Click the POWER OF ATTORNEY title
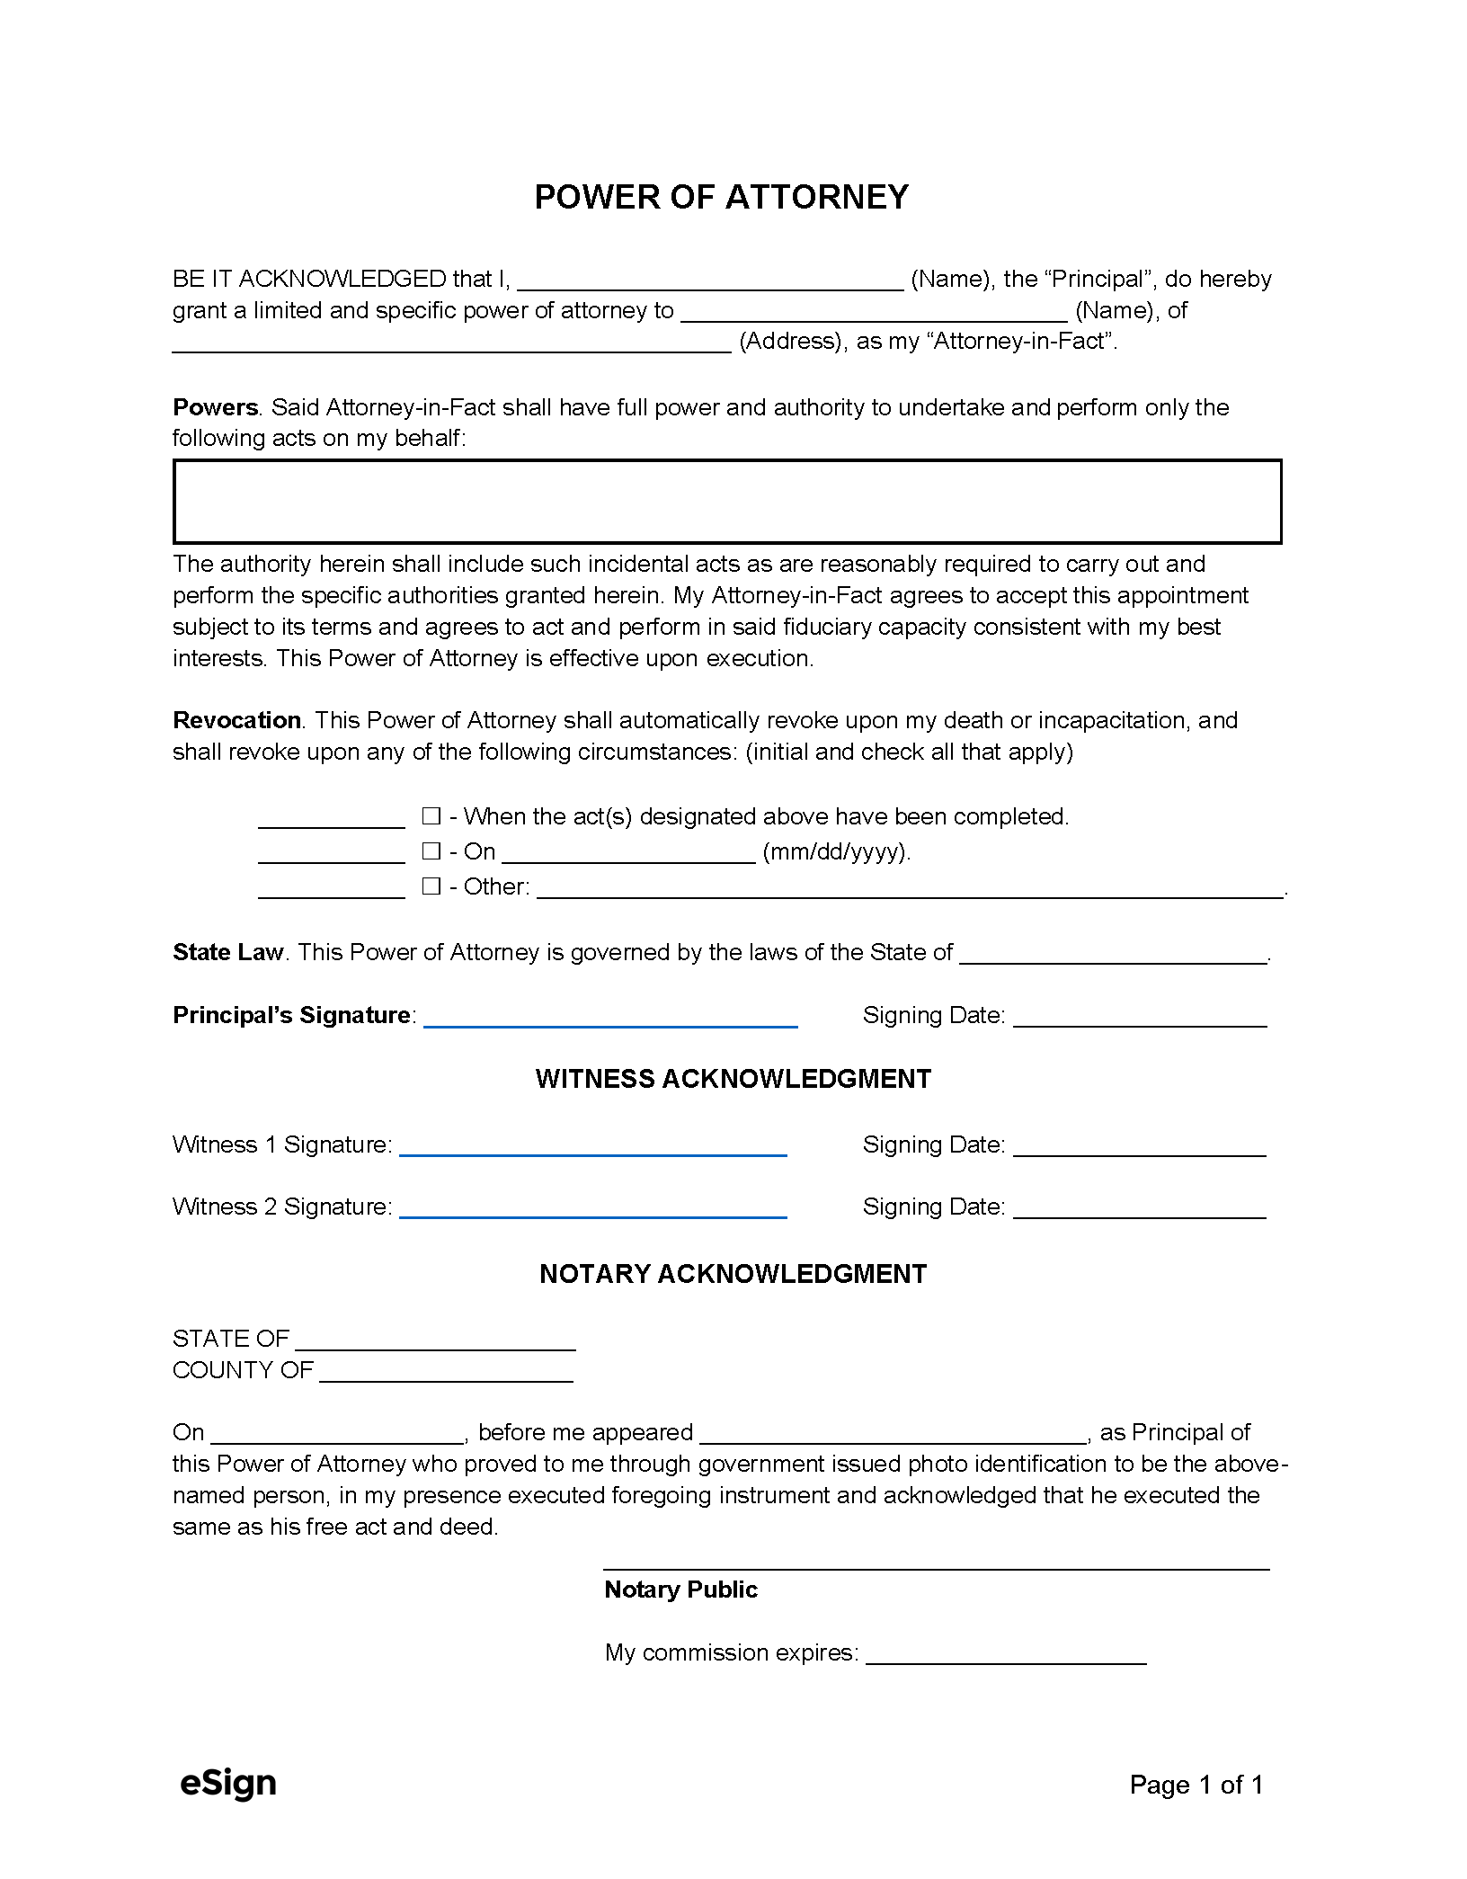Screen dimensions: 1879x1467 point(722,197)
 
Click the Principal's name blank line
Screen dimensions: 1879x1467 point(710,282)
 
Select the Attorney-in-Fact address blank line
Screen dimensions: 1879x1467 point(451,344)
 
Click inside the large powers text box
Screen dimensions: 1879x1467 point(726,502)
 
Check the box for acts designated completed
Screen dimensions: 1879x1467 point(431,816)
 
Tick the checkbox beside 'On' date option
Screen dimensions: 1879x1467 point(431,850)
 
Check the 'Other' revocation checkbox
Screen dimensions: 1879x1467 point(431,886)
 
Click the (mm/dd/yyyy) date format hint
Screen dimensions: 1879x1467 point(836,851)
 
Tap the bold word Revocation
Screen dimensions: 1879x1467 point(236,720)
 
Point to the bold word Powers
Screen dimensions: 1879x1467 point(215,407)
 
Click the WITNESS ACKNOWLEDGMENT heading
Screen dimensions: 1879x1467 point(733,1079)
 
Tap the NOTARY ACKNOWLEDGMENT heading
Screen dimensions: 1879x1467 point(733,1274)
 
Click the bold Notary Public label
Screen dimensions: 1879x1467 point(680,1590)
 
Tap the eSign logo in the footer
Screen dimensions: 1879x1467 point(228,1784)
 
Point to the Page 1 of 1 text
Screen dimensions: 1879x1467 point(1196,1785)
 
